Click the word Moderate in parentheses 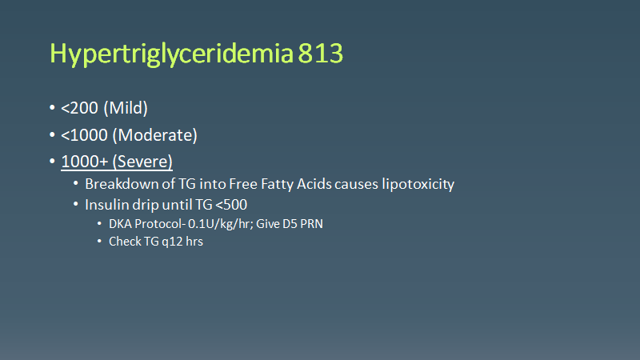[159, 134]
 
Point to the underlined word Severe [144, 161]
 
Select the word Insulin [106, 204]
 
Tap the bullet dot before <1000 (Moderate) [53, 135]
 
